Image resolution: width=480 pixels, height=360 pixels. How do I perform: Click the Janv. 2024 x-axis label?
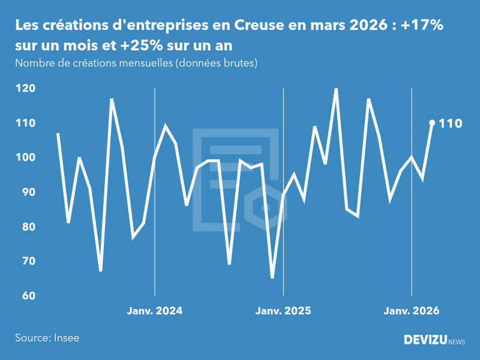[155, 311]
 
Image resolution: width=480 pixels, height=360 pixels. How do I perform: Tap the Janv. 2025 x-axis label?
[283, 311]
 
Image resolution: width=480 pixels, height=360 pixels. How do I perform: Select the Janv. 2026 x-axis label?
[412, 311]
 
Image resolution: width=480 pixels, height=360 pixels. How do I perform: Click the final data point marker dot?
[432, 123]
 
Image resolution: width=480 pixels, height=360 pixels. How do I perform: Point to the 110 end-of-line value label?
[450, 124]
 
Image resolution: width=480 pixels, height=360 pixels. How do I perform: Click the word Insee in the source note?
[66, 338]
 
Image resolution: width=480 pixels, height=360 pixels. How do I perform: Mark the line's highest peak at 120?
[336, 89]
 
